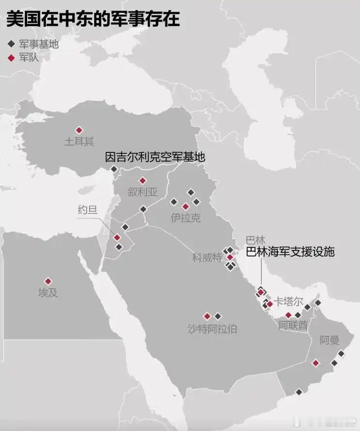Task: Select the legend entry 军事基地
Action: coord(39,44)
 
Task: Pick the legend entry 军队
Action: coord(29,58)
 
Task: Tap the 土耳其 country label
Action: coord(79,142)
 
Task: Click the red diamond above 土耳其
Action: coord(79,130)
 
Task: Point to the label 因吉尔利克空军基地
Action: coord(155,157)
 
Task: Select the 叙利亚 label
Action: coord(143,192)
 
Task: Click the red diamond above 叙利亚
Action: coord(142,180)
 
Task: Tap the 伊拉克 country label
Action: coord(185,218)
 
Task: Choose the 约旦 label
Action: coord(88,209)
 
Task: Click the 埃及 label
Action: coord(48,293)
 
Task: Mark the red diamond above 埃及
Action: coord(48,281)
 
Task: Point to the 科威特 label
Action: coord(207,257)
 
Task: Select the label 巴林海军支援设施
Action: coord(290,252)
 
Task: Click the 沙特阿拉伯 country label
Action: coord(212,329)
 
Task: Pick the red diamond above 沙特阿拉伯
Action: coord(207,316)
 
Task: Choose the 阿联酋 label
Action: coord(293,326)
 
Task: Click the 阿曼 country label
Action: coord(330,340)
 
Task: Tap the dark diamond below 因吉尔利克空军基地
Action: coord(114,169)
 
